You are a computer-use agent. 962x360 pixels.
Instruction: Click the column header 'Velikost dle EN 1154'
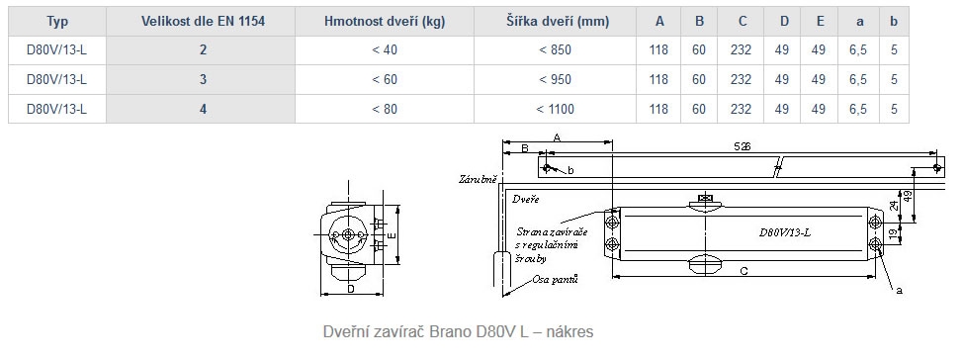(203, 22)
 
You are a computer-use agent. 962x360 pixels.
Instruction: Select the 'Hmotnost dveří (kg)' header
(385, 22)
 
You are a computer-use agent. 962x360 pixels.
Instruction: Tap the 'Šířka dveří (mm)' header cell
(558, 22)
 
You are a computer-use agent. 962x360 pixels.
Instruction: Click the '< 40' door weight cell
(385, 49)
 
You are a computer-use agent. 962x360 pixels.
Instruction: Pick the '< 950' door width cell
(556, 79)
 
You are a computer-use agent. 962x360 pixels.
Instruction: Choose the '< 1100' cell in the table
(556, 109)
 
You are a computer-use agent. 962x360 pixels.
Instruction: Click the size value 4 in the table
(203, 109)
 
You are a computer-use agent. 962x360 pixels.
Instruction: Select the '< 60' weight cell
(385, 79)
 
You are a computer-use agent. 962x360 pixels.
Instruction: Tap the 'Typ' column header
(57, 22)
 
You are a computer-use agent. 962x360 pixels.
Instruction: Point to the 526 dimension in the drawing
(743, 146)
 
